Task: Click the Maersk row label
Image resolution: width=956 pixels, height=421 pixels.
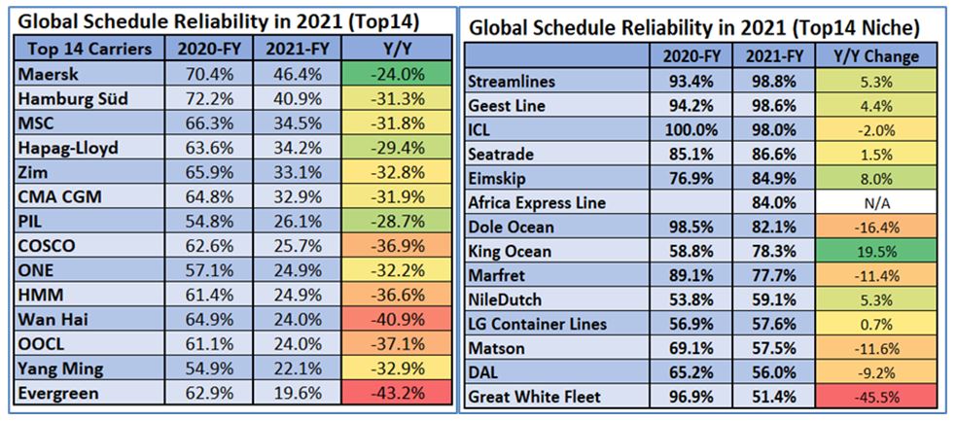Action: point(44,72)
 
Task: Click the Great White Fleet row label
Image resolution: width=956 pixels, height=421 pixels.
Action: point(536,398)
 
